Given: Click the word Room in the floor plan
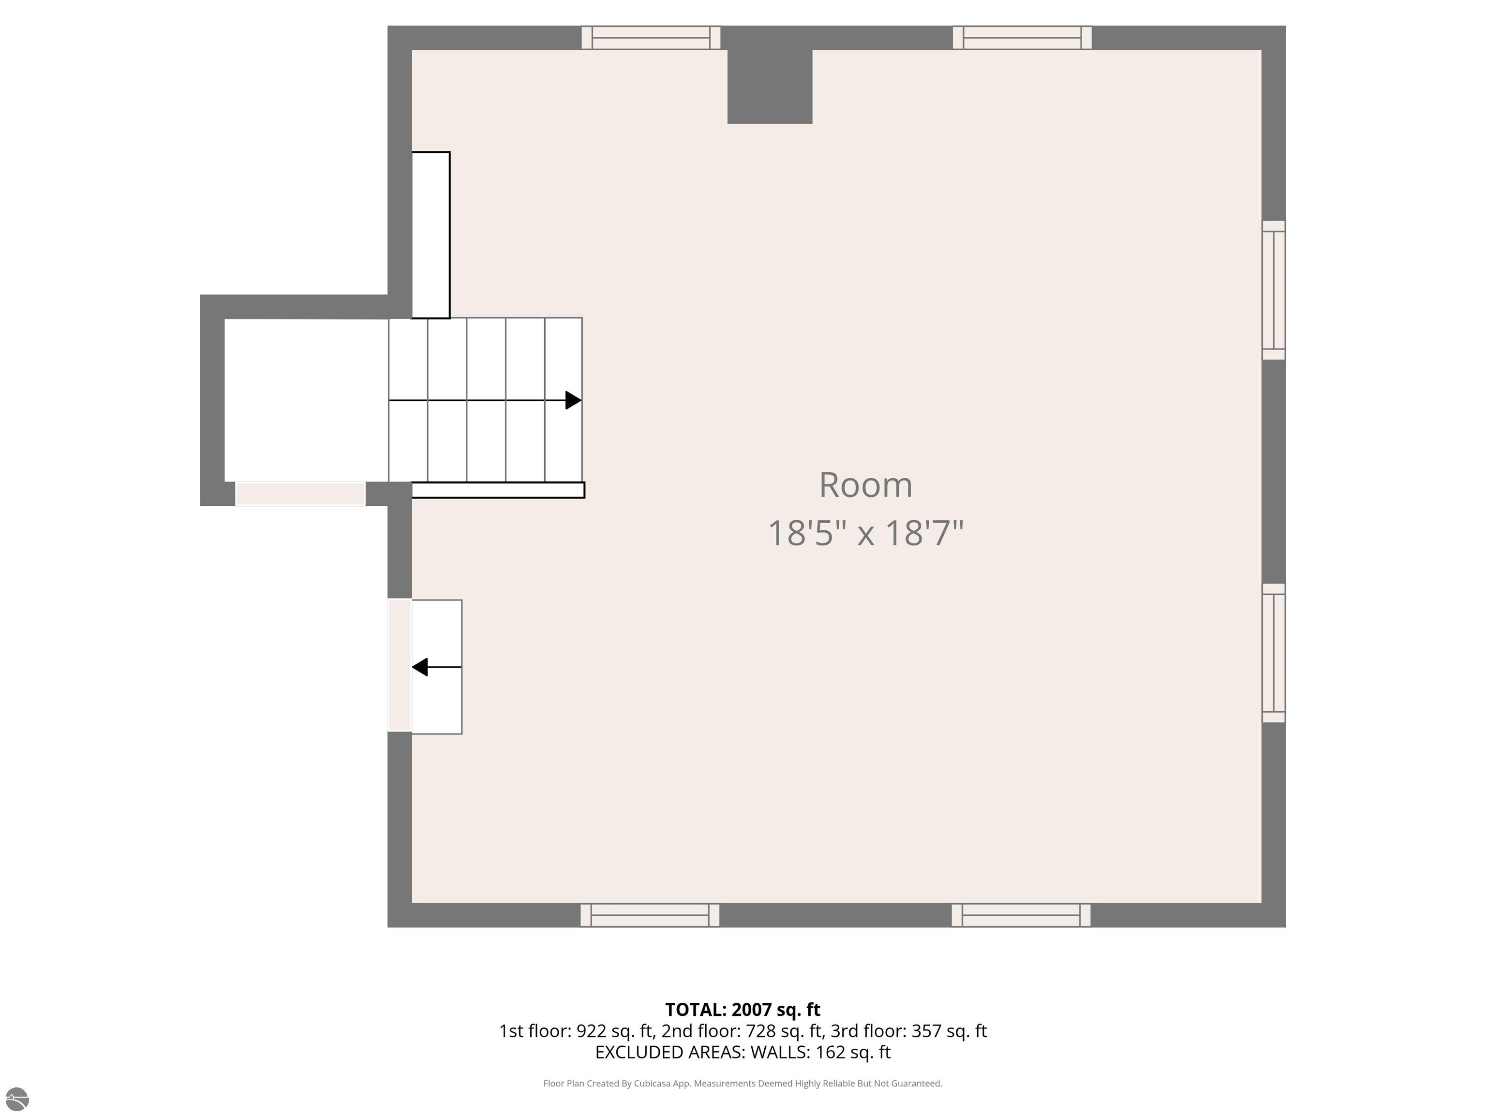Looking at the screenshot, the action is tap(865, 485).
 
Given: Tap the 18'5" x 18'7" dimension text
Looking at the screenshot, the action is tap(865, 533).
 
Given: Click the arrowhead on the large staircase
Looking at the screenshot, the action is tap(573, 400).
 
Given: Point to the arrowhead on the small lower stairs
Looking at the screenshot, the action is tap(420, 667).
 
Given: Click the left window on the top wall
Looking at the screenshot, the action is tap(651, 38).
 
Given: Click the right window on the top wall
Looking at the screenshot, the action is tap(1023, 38).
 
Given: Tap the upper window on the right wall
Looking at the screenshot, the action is tap(1274, 290).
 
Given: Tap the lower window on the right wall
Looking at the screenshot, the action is tap(1274, 653).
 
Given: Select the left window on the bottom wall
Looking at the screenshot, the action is tap(650, 915).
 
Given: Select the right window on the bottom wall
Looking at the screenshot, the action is tap(1021, 915).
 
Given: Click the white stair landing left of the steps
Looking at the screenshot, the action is tap(306, 400).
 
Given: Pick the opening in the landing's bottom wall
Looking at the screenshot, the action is tap(300, 494).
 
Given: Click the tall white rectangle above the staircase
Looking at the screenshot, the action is tap(431, 235).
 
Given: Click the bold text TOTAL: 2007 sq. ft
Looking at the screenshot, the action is tap(743, 1010).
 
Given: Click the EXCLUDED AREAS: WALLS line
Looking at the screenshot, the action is tap(743, 1052).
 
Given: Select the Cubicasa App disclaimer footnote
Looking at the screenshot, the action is tap(743, 1083).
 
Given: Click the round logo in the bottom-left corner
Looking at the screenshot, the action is tap(17, 1099).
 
